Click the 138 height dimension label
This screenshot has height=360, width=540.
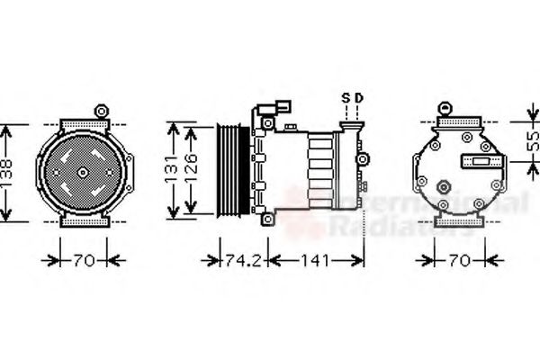click(x=8, y=171)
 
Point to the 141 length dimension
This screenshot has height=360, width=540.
click(x=315, y=261)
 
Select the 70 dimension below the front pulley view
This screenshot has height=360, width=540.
click(x=83, y=261)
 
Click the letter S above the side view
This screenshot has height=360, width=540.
click(x=345, y=97)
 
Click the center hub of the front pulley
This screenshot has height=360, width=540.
click(x=83, y=171)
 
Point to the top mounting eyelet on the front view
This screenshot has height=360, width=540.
click(x=101, y=112)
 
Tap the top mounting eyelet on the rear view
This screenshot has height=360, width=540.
click(x=444, y=108)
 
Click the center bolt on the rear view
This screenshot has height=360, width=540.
click(x=444, y=186)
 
